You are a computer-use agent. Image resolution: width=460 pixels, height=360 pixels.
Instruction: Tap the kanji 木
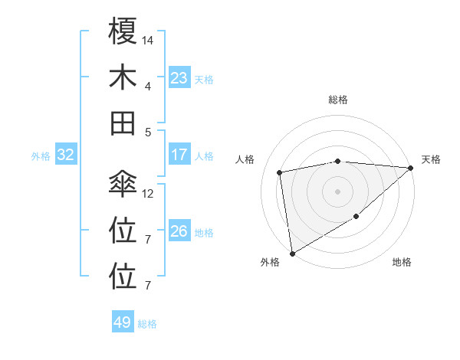pos(123,77)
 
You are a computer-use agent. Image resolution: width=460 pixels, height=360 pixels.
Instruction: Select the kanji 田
pos(123,122)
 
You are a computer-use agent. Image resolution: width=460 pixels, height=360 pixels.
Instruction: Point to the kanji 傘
pos(123,185)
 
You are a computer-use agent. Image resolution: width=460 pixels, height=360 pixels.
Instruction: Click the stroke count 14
pos(148,40)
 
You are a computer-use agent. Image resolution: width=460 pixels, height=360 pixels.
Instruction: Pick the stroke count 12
pos(148,193)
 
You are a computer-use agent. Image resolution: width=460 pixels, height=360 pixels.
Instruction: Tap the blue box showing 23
pos(179,77)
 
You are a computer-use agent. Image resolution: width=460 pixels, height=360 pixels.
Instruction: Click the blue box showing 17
pos(179,155)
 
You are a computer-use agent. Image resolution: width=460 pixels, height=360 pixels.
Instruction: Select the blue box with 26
pos(179,231)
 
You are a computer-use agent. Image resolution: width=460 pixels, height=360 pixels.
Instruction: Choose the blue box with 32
pos(66,155)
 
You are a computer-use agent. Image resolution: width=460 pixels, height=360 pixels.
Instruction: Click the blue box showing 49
pos(123,322)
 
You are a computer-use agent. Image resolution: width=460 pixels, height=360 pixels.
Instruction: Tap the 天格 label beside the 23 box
pos(204,79)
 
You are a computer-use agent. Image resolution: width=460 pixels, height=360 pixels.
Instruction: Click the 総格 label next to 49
pos(147,324)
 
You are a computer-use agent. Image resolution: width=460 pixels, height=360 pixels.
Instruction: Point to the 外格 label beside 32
pos(41,156)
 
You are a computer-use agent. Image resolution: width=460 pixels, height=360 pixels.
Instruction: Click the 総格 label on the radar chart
pos(338,100)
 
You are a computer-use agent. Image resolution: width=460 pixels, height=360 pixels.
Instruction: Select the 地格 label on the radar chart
pos(402,262)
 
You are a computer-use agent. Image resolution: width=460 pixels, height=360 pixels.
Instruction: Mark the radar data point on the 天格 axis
pos(410,168)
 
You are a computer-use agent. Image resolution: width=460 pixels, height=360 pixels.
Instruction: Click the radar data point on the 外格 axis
pos(292,253)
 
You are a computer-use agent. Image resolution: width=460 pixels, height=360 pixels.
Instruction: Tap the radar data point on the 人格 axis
pos(281,172)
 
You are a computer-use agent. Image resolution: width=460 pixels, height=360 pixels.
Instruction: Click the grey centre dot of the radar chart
pos(338,191)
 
